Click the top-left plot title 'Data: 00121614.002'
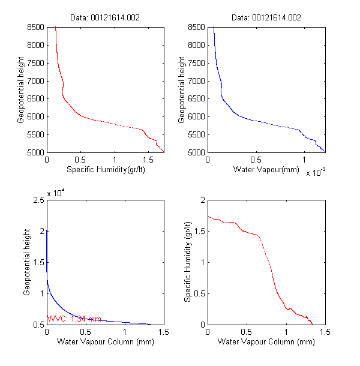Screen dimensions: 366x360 (105, 17)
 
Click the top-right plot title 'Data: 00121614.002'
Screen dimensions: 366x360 (266, 17)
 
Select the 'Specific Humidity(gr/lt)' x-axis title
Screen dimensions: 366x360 (106, 170)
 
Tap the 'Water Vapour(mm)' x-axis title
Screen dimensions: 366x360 (266, 170)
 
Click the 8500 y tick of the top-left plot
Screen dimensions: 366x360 (35, 27)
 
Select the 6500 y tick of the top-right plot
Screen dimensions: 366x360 (196, 99)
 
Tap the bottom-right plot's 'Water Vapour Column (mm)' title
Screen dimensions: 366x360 (266, 342)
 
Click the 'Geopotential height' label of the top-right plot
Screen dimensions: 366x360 (182, 90)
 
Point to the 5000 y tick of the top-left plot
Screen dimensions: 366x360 (35, 152)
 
